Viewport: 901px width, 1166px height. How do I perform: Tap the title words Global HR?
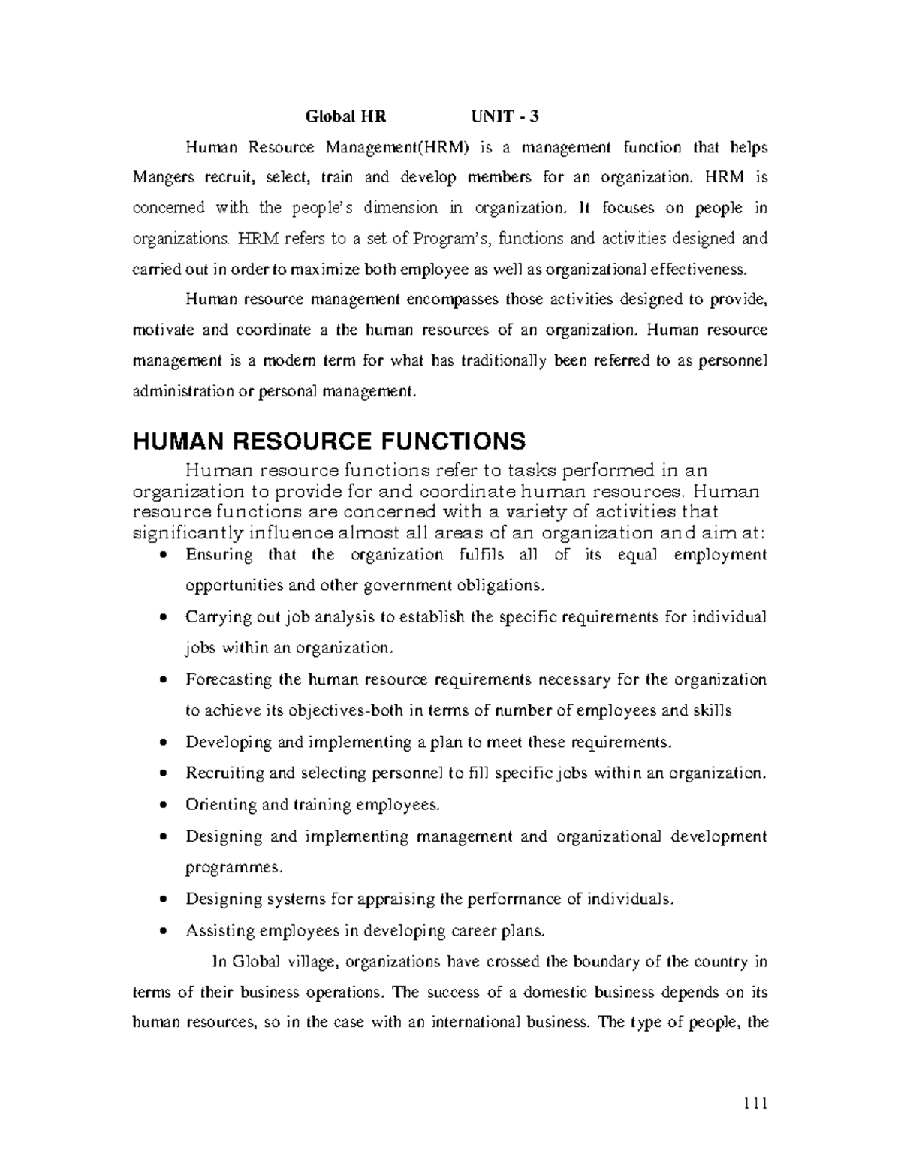[345, 116]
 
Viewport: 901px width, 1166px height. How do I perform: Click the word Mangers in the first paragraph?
[158, 178]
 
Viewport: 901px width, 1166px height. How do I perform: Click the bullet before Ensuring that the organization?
[164, 556]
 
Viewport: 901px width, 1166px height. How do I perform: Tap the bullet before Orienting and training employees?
[164, 806]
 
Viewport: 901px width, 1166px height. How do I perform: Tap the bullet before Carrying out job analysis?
[164, 618]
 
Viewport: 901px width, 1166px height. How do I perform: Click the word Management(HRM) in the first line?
[397, 148]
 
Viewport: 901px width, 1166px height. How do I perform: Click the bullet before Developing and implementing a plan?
[164, 743]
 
